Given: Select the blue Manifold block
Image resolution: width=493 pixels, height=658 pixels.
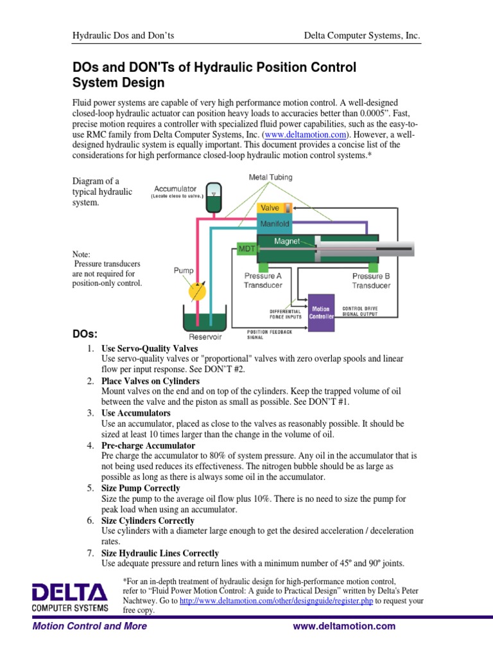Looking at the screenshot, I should coord(275,224).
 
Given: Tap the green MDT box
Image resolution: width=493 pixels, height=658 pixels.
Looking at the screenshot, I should coord(247,247).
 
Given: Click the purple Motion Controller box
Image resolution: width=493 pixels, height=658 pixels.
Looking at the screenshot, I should coord(321,313).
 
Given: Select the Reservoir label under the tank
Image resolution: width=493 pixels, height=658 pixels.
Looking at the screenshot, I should coord(204,336).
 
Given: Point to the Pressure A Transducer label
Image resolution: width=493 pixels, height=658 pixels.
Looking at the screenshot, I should coord(262,281).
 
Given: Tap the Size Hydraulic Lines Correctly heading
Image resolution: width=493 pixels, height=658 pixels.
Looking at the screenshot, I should coord(160,553).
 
